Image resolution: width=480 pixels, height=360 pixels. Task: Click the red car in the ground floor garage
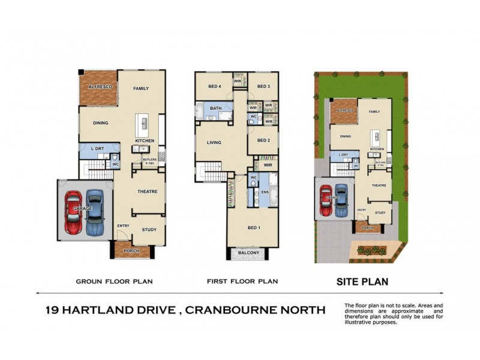(73, 213)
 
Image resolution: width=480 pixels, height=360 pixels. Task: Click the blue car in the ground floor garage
(95, 213)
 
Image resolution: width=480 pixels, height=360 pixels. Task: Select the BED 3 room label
(263, 86)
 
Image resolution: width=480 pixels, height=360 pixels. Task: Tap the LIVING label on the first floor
(214, 143)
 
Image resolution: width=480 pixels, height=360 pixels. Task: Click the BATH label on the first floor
(215, 108)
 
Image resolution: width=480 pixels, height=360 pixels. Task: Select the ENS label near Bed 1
(265, 193)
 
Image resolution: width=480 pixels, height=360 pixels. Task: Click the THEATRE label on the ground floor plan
(148, 191)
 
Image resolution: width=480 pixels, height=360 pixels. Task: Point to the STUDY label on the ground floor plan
(149, 230)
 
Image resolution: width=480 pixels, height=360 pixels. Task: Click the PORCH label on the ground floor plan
(131, 251)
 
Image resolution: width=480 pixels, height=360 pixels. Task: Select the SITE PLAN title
(362, 281)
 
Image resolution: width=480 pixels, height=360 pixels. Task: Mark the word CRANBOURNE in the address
(254, 310)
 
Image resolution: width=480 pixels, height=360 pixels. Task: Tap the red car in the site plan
(326, 200)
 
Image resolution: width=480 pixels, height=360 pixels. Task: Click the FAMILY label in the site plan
(374, 112)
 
